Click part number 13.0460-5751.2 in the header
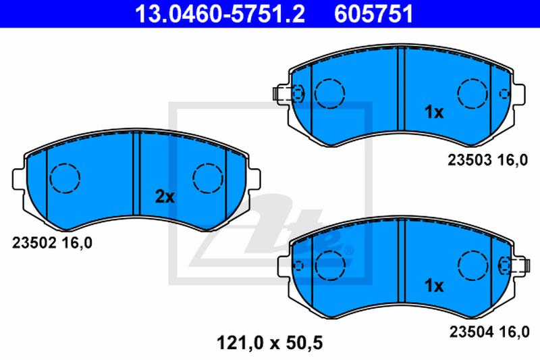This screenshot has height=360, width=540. click(220, 14)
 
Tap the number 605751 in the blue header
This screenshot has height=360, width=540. click(373, 14)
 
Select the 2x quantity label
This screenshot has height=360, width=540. click(165, 197)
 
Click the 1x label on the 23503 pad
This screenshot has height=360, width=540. click(434, 112)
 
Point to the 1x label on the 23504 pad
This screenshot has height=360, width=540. click(434, 286)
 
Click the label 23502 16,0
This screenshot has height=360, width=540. click(53, 243)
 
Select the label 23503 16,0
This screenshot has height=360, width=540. click(487, 160)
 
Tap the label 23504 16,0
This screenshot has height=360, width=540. click(489, 332)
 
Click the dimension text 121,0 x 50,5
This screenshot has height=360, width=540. click(269, 342)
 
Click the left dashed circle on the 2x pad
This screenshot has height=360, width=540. click(65, 178)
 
